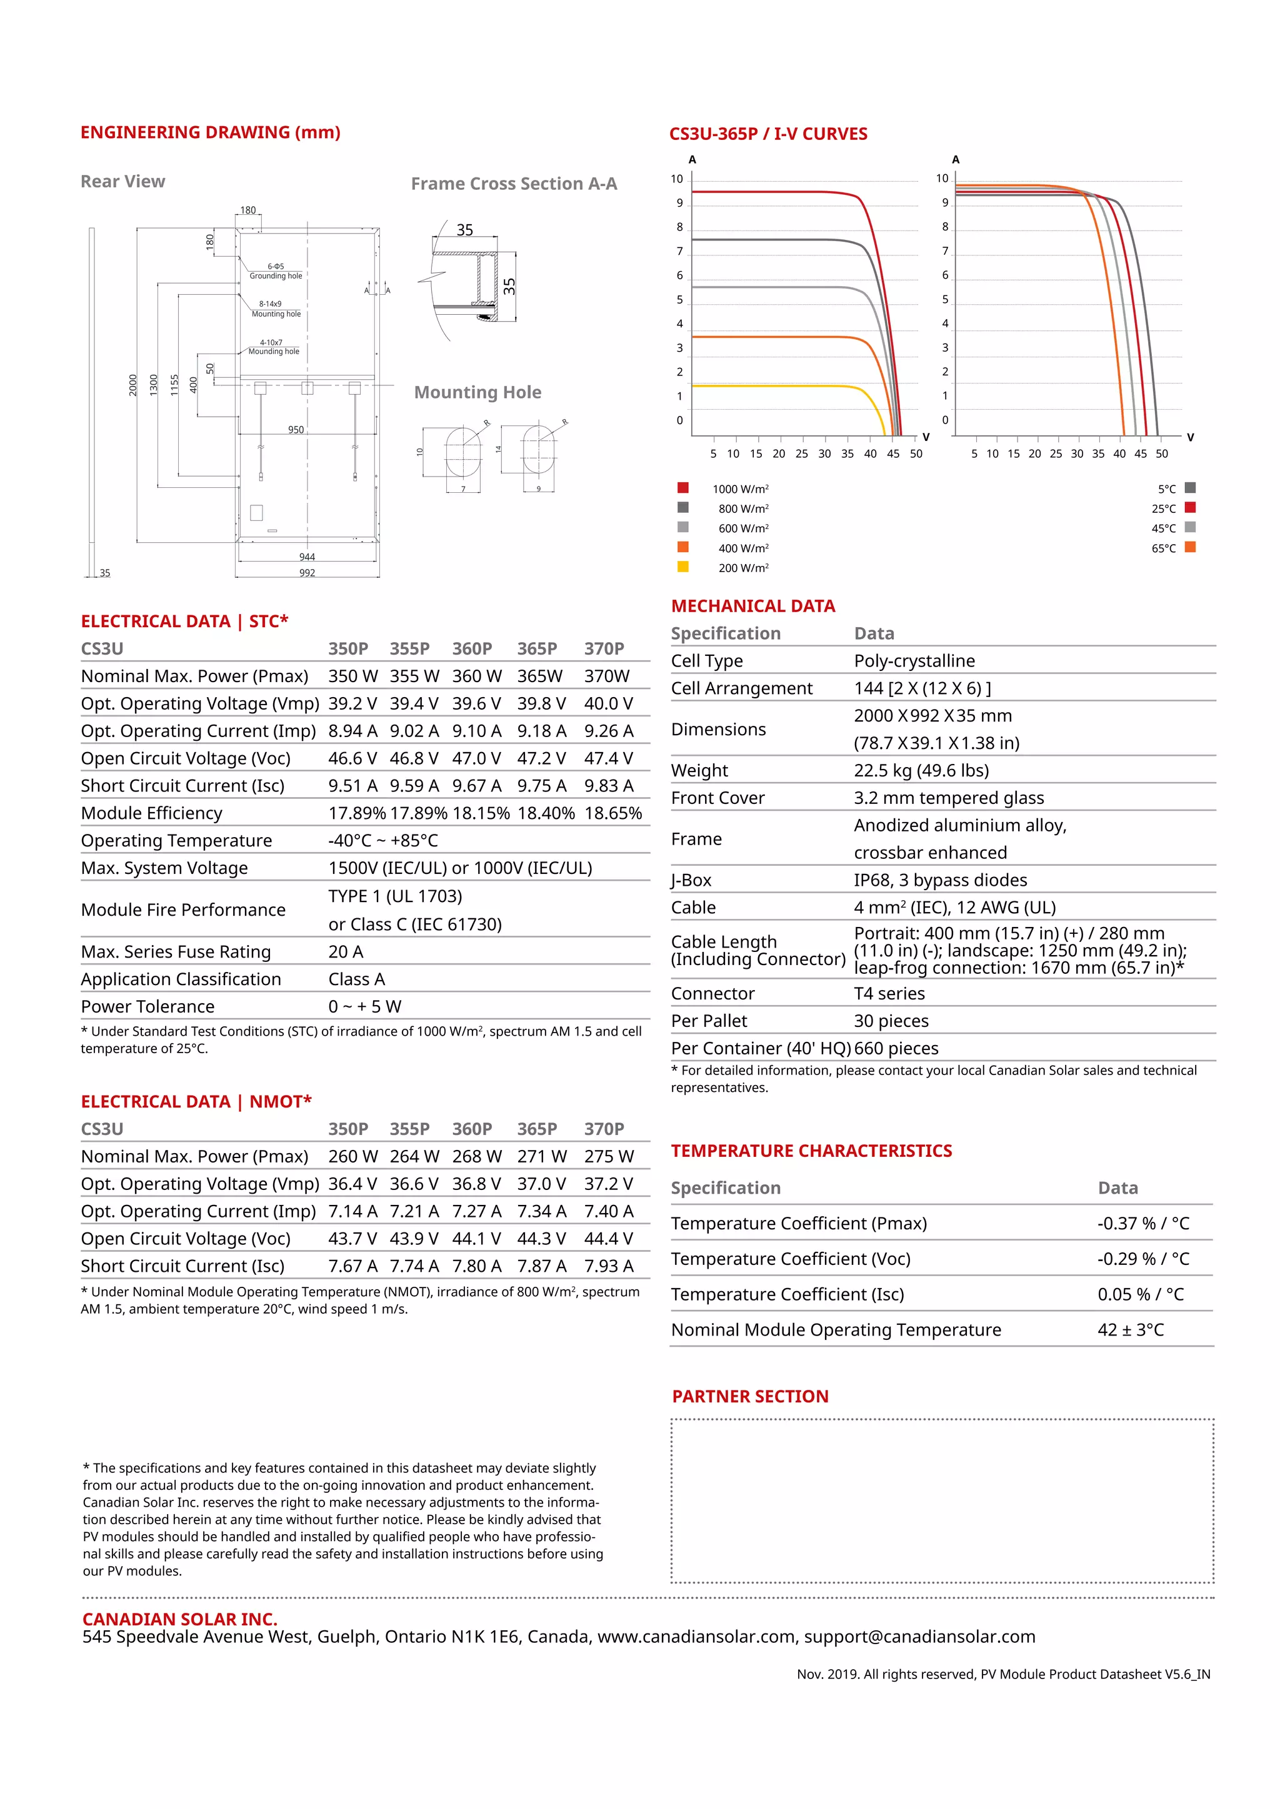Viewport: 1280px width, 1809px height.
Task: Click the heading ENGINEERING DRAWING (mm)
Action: pos(211,132)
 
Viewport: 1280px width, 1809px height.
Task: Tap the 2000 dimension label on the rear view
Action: pos(133,385)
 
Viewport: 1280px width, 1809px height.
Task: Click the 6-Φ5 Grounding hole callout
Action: pos(275,271)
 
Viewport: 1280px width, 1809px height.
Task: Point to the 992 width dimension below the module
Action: pos(307,573)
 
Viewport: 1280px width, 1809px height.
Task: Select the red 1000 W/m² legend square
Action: pos(682,488)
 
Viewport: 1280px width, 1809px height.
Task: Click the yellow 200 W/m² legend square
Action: pos(682,567)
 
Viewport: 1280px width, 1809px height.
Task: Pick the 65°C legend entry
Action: pos(1172,548)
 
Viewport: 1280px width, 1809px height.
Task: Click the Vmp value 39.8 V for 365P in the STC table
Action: pos(541,703)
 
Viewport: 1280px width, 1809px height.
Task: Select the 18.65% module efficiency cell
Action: pos(612,813)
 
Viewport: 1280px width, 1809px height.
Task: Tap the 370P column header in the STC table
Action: pos(604,648)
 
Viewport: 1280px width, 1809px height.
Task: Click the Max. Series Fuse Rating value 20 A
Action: pos(346,952)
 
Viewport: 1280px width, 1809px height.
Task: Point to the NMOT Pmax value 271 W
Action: pos(541,1157)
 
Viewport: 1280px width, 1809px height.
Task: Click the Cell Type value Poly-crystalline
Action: pos(914,661)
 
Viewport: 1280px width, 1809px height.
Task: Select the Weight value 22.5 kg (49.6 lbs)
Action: pos(921,771)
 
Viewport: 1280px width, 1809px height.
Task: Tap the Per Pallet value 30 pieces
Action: pos(891,1021)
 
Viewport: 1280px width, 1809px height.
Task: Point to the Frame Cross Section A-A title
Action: pos(514,184)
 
